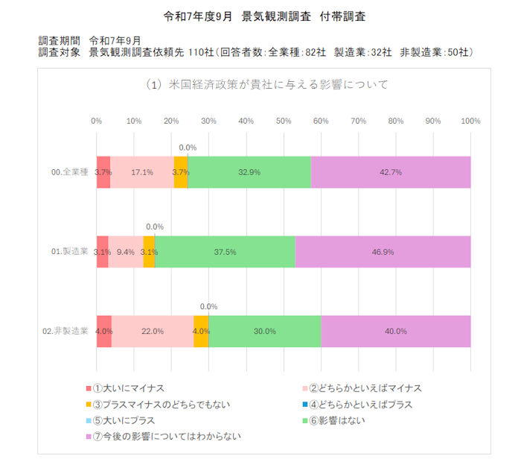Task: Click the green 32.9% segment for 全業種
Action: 249,172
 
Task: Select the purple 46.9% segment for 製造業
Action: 383,252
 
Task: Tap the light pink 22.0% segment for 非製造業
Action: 153,331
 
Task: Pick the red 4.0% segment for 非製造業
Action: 103,331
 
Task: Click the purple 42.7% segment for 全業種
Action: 390,172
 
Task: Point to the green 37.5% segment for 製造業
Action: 225,252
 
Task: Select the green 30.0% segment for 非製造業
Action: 264,331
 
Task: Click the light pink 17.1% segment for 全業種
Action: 142,172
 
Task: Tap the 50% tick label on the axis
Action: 283,121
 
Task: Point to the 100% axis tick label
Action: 470,121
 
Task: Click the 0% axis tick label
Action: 96,121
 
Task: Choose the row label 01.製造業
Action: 70,252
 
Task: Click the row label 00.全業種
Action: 70,172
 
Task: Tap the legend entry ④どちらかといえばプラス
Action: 362,405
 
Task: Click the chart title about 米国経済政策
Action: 267,84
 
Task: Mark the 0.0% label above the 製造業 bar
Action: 155,227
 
